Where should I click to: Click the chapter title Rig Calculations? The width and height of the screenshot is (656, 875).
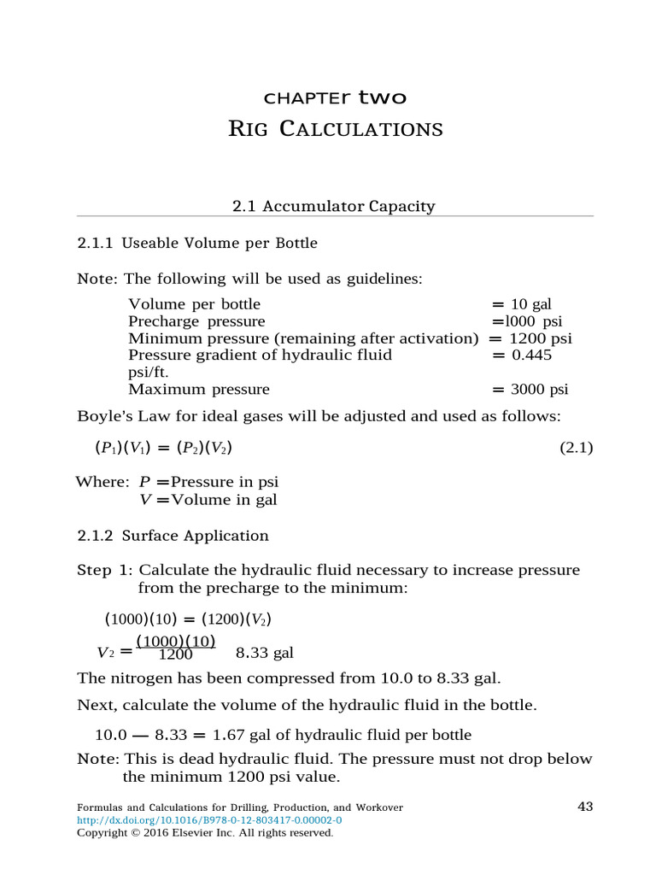(x=336, y=129)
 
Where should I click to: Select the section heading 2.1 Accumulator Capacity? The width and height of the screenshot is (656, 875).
(x=334, y=206)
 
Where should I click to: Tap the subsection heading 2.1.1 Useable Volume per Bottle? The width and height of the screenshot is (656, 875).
(x=197, y=243)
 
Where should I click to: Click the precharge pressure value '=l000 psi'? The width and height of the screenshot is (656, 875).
(x=526, y=321)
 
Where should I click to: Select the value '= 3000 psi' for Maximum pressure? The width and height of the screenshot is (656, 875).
(x=530, y=390)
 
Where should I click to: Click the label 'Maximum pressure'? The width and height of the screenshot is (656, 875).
(x=199, y=390)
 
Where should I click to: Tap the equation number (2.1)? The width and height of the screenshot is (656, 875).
(x=576, y=448)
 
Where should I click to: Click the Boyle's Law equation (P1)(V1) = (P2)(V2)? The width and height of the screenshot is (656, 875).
(x=163, y=448)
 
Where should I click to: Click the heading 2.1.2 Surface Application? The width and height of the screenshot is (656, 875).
(x=173, y=536)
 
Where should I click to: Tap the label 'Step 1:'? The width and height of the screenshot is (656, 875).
(x=105, y=570)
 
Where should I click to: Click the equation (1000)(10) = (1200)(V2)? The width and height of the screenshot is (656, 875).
(x=188, y=619)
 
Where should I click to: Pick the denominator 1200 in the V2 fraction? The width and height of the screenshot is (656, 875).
(x=176, y=655)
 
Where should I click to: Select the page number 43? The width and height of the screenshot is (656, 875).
(x=585, y=807)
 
